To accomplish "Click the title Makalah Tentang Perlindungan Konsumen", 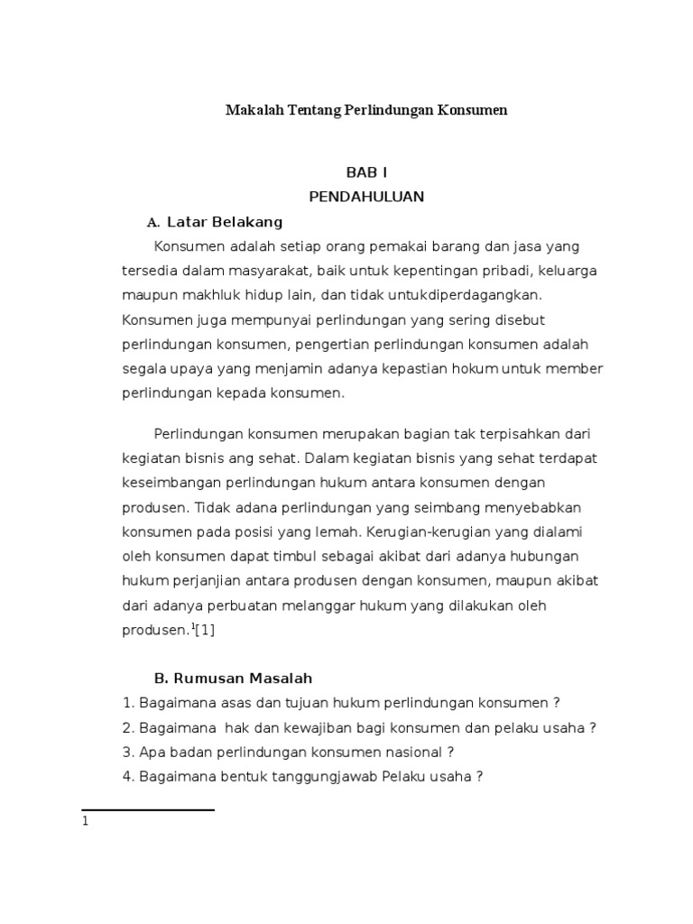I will pos(366,111).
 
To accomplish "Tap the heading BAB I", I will pos(366,172).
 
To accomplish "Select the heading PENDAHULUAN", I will pos(366,197).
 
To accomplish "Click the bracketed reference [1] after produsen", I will pos(205,630).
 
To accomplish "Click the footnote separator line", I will pos(148,810).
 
